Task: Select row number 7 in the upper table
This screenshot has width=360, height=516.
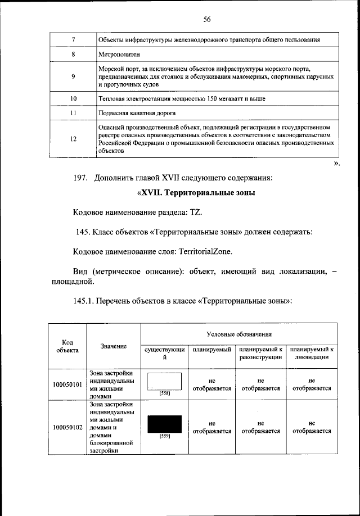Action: [73, 40]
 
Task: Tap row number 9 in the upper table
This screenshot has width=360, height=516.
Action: [73, 77]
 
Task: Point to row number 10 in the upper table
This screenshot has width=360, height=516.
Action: [73, 98]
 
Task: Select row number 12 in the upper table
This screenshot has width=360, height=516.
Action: [73, 139]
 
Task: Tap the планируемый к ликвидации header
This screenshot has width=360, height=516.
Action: [311, 354]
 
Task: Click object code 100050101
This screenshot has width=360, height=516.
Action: [67, 384]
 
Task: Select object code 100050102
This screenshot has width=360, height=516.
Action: [67, 427]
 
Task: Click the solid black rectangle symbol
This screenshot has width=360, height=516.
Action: [164, 423]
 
